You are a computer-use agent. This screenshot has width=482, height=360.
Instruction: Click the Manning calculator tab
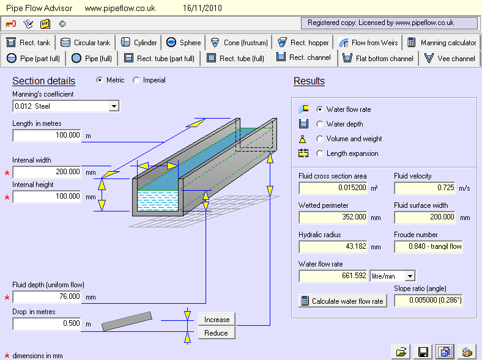coord(442,43)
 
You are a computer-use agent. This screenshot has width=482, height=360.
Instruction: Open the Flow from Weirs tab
coord(368,43)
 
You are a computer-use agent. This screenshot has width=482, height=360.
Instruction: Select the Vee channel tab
coord(450,59)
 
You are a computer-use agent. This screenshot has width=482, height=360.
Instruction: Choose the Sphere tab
coord(184,43)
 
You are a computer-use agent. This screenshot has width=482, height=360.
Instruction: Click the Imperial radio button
coord(136,80)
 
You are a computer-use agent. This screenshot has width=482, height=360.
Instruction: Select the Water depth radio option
coord(319,124)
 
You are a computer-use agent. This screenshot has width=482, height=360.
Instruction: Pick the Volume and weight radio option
coord(319,139)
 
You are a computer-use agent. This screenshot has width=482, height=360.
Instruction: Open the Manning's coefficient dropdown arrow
coord(113,106)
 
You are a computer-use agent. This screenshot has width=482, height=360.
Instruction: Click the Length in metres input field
coord(47,136)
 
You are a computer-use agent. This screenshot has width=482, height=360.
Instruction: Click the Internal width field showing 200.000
coord(47,172)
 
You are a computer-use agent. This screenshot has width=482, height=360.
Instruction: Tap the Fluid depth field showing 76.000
coord(47,297)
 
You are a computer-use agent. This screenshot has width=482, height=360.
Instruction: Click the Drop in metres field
coord(47,324)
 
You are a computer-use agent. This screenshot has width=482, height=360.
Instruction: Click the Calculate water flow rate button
coord(343,301)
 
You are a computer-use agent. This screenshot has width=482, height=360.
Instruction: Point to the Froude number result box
coord(428,247)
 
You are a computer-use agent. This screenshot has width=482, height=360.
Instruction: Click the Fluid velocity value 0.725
coord(428,188)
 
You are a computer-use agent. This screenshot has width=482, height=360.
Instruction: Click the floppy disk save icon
coord(423,351)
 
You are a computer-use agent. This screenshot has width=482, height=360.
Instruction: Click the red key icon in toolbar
coord(11,24)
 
